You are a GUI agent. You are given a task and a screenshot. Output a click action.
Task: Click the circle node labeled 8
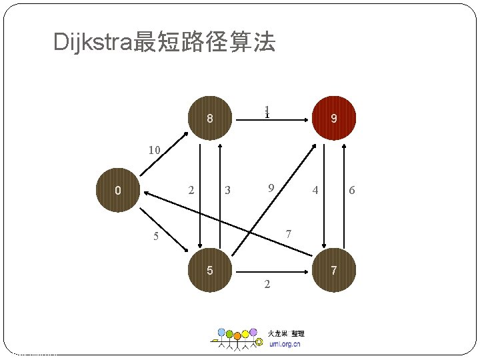(209, 119)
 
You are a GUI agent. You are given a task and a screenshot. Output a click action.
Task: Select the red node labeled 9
(334, 119)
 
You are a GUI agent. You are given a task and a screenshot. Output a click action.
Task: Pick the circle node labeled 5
(209, 271)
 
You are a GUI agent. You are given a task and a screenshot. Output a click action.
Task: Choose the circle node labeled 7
(334, 271)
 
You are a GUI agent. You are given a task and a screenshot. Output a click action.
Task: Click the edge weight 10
(154, 151)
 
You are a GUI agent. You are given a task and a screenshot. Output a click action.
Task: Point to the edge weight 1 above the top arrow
(266, 112)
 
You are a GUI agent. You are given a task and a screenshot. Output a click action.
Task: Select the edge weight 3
(227, 191)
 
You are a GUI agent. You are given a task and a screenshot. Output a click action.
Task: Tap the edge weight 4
(315, 191)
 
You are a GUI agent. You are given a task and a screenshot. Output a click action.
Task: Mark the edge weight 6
(352, 191)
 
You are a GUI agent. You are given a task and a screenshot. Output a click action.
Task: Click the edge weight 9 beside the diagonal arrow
(271, 188)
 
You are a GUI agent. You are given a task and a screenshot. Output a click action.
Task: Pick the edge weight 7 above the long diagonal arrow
(288, 234)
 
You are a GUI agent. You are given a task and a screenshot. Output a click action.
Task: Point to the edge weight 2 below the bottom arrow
(267, 285)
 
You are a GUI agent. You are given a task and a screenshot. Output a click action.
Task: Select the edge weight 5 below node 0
(155, 236)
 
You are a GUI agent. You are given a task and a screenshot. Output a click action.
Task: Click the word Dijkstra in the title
(93, 43)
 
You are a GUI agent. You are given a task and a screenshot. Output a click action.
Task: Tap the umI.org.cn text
(285, 344)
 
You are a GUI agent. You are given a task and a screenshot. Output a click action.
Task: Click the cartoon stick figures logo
(237, 339)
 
